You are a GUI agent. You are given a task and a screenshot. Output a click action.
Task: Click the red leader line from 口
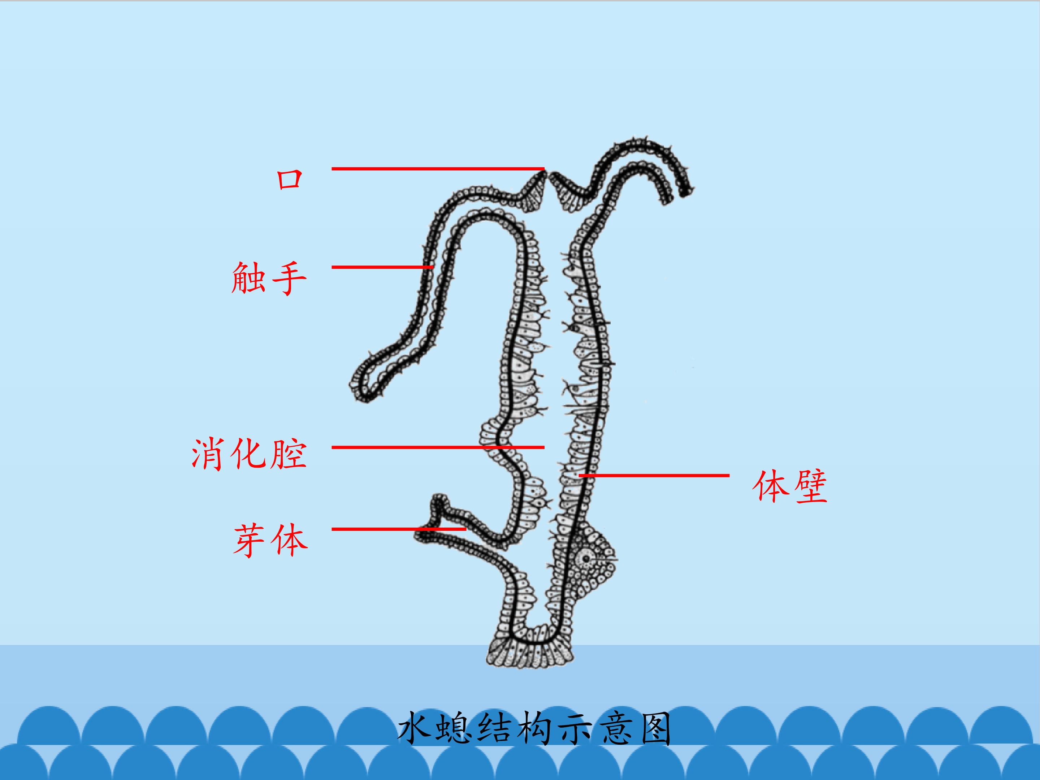438,168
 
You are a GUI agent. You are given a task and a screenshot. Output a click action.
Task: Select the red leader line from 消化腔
438,447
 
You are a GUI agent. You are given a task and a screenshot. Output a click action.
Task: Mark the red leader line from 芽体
399,529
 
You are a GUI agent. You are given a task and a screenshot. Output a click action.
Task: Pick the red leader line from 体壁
654,475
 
